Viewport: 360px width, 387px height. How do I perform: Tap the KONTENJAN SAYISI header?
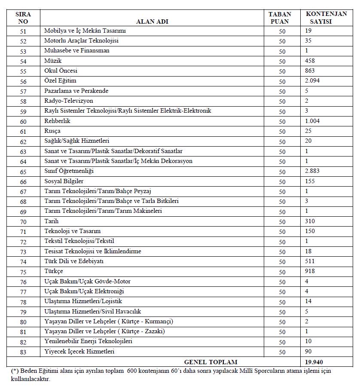pos(326,18)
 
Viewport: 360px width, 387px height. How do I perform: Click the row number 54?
pos(23,61)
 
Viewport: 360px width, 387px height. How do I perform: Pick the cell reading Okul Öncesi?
pos(61,71)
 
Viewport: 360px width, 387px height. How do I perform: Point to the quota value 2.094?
pos(312,81)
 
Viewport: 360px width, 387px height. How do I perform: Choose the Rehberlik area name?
pos(57,121)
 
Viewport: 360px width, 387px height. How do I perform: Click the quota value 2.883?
pos(312,171)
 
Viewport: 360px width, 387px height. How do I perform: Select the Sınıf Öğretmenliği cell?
pos(69,171)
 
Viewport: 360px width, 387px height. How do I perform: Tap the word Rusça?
pos(52,131)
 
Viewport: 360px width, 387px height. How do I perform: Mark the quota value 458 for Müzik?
pos(310,61)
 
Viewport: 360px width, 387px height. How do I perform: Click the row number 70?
pos(23,222)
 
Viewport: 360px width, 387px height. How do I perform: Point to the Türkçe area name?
pos(54,271)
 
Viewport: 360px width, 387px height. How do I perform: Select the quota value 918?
pos(310,271)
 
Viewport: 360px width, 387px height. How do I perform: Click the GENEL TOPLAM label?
pos(211,362)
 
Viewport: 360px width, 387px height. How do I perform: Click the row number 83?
pos(23,352)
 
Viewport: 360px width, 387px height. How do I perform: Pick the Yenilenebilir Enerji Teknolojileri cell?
pos(88,341)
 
